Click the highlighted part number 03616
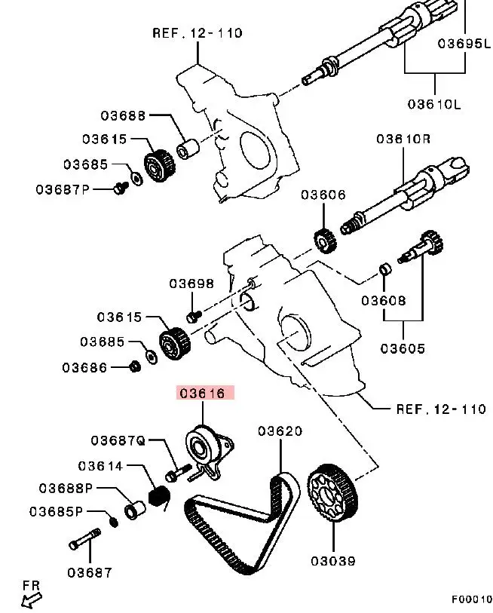pyautogui.click(x=206, y=393)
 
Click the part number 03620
pyautogui.click(x=280, y=431)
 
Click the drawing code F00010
pyautogui.click(x=471, y=599)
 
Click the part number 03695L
pyautogui.click(x=464, y=43)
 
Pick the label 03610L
pyautogui.click(x=433, y=104)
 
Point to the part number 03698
pyautogui.click(x=191, y=284)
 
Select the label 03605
pyautogui.click(x=403, y=348)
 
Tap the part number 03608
pyautogui.click(x=384, y=300)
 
